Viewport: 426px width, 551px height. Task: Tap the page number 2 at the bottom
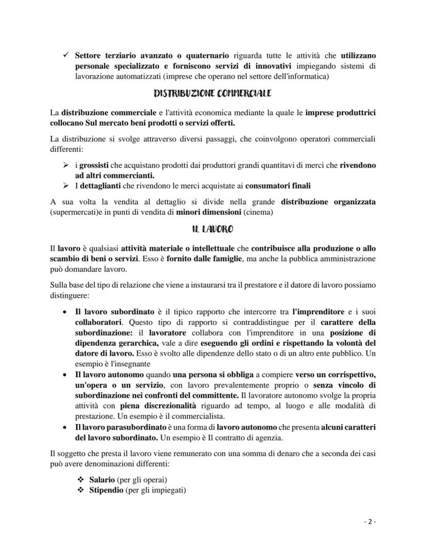(x=370, y=521)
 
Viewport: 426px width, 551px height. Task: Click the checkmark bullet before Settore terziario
(x=64, y=55)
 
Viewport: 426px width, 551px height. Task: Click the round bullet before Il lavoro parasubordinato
(x=64, y=427)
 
